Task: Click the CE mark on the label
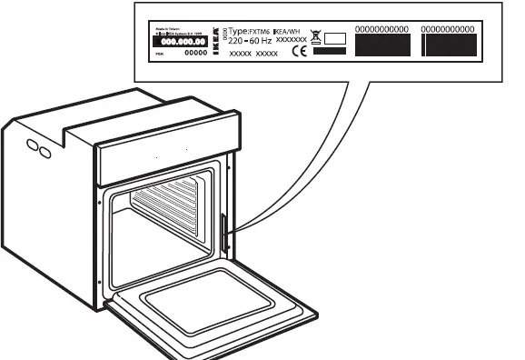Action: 298,52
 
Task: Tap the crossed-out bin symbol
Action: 317,38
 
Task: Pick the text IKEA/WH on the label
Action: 286,31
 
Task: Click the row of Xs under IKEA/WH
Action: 291,41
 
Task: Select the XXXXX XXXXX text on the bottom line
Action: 253,55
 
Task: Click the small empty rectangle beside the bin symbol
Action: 335,39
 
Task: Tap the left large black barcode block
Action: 381,47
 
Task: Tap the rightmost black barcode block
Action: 450,47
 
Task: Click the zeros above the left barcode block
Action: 381,30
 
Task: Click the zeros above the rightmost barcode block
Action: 450,30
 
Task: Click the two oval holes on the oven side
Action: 37,147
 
